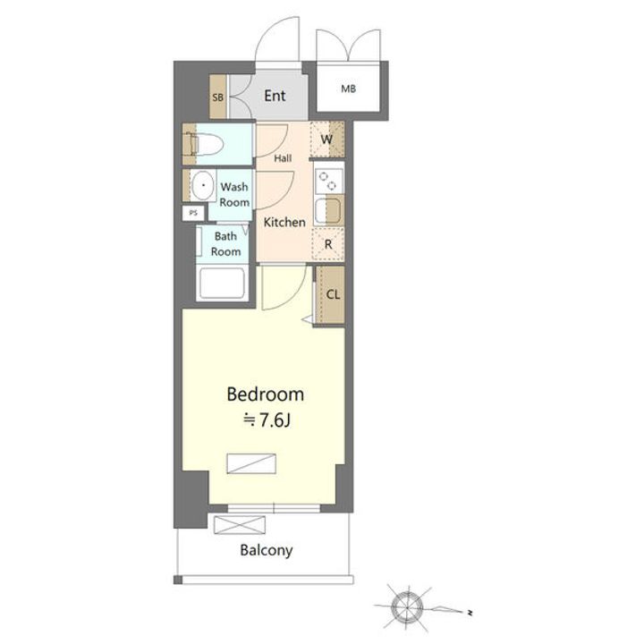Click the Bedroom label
click(266, 394)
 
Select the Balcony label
click(267, 550)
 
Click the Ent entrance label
click(275, 96)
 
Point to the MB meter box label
click(348, 89)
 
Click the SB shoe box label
click(217, 97)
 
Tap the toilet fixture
click(204, 144)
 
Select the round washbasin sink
click(203, 185)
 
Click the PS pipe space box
click(193, 213)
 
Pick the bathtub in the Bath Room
click(222, 283)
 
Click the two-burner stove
click(328, 181)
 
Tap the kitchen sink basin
click(327, 210)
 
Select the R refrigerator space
click(327, 244)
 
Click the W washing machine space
click(327, 140)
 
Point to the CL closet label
click(333, 294)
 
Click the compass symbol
click(408, 608)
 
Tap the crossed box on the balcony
click(240, 525)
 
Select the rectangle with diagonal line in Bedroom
click(251, 463)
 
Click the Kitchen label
click(284, 222)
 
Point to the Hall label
click(283, 158)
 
